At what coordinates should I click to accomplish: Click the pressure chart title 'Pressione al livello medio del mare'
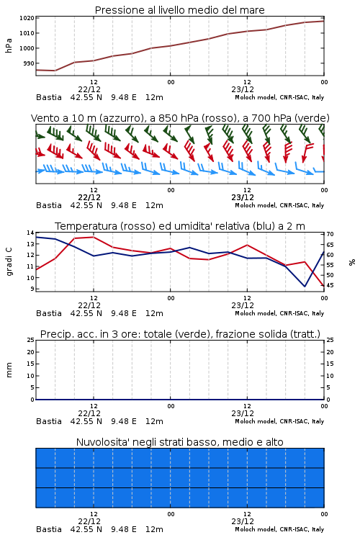tap(179, 10)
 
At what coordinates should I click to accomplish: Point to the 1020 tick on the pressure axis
tap(27, 18)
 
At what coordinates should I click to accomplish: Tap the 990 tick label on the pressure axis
tap(28, 63)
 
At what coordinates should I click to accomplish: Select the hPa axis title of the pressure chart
tap(9, 45)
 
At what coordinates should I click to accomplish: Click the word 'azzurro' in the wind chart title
tap(121, 118)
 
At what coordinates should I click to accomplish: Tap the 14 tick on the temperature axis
tap(30, 233)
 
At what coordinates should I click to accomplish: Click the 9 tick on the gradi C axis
tap(32, 289)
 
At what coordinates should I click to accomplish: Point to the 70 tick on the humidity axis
tap(330, 234)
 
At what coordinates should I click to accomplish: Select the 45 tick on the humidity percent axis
tap(330, 285)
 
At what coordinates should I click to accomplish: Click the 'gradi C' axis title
tap(9, 261)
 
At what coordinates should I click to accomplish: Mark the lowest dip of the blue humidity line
tap(305, 286)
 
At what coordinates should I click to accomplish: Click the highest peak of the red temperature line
tap(94, 237)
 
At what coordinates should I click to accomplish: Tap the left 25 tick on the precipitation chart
tap(30, 340)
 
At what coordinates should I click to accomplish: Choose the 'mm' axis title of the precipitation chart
tap(9, 370)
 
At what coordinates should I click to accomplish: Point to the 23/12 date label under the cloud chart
tap(243, 521)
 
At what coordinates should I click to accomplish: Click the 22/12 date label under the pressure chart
tap(89, 89)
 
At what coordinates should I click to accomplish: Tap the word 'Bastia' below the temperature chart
tap(49, 313)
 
